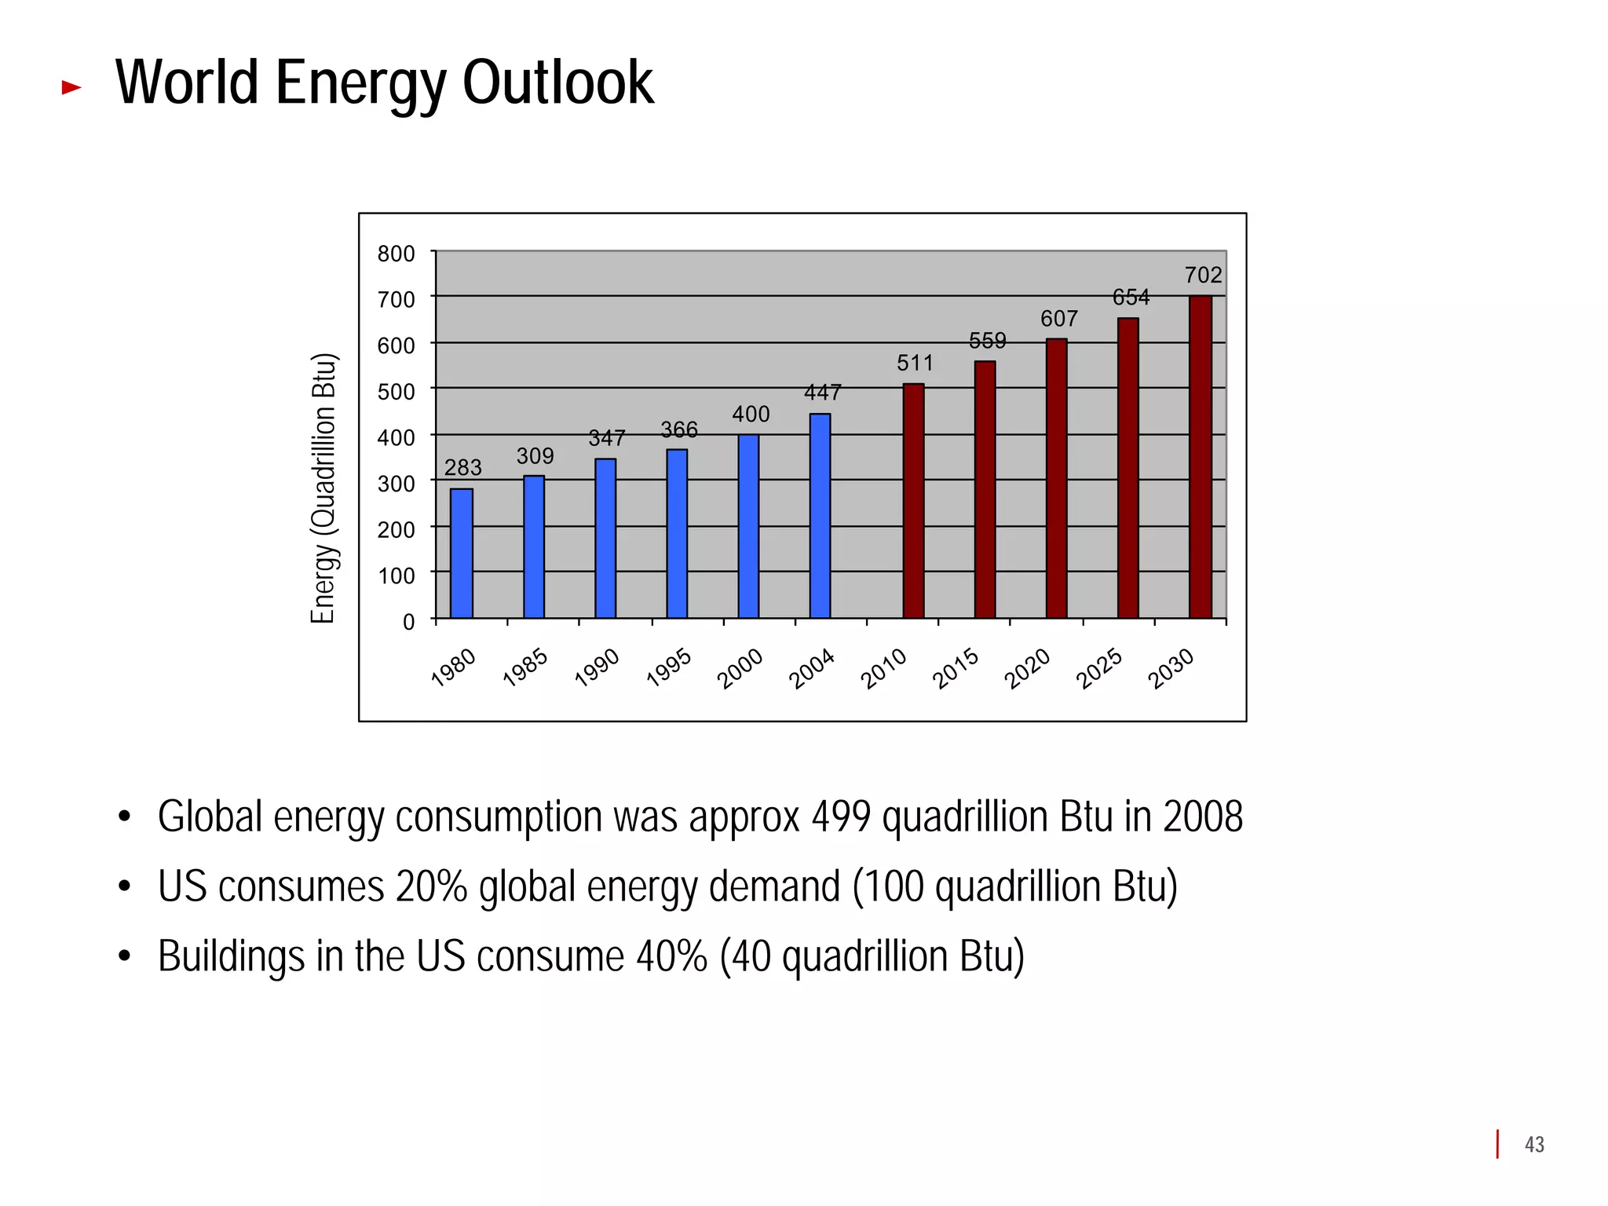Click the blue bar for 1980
pyautogui.click(x=462, y=554)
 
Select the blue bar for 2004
pyautogui.click(x=820, y=516)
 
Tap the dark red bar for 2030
pyautogui.click(x=1200, y=457)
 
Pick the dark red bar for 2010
pyautogui.click(x=913, y=501)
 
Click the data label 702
pyautogui.click(x=1203, y=276)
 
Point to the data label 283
pyautogui.click(x=462, y=468)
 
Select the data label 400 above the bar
pyautogui.click(x=751, y=415)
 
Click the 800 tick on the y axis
pyautogui.click(x=397, y=254)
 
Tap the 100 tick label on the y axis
pyautogui.click(x=397, y=576)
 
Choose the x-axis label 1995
pyautogui.click(x=669, y=668)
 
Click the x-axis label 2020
pyautogui.click(x=1027, y=668)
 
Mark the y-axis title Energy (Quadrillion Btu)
pyautogui.click(x=323, y=488)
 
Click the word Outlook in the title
pyautogui.click(x=557, y=82)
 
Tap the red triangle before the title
pyautogui.click(x=71, y=87)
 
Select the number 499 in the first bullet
pyautogui.click(x=841, y=817)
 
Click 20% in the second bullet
pyautogui.click(x=431, y=887)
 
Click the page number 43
pyautogui.click(x=1534, y=1145)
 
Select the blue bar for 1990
pyautogui.click(x=605, y=539)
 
